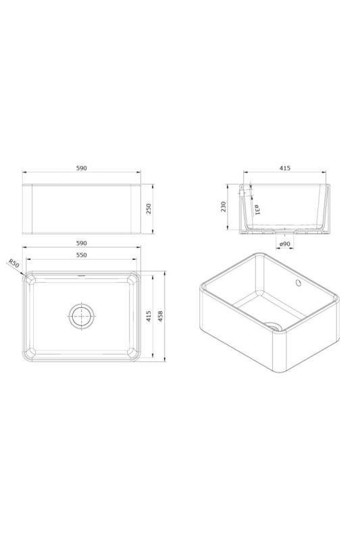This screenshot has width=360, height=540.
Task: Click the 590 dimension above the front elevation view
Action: click(x=82, y=168)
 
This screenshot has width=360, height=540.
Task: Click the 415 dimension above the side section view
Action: click(x=284, y=168)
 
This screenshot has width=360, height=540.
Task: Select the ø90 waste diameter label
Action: click(x=284, y=244)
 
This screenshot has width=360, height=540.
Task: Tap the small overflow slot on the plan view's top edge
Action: click(x=82, y=275)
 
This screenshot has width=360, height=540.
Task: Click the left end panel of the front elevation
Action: click(x=28, y=209)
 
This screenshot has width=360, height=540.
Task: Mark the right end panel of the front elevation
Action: click(x=134, y=209)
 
